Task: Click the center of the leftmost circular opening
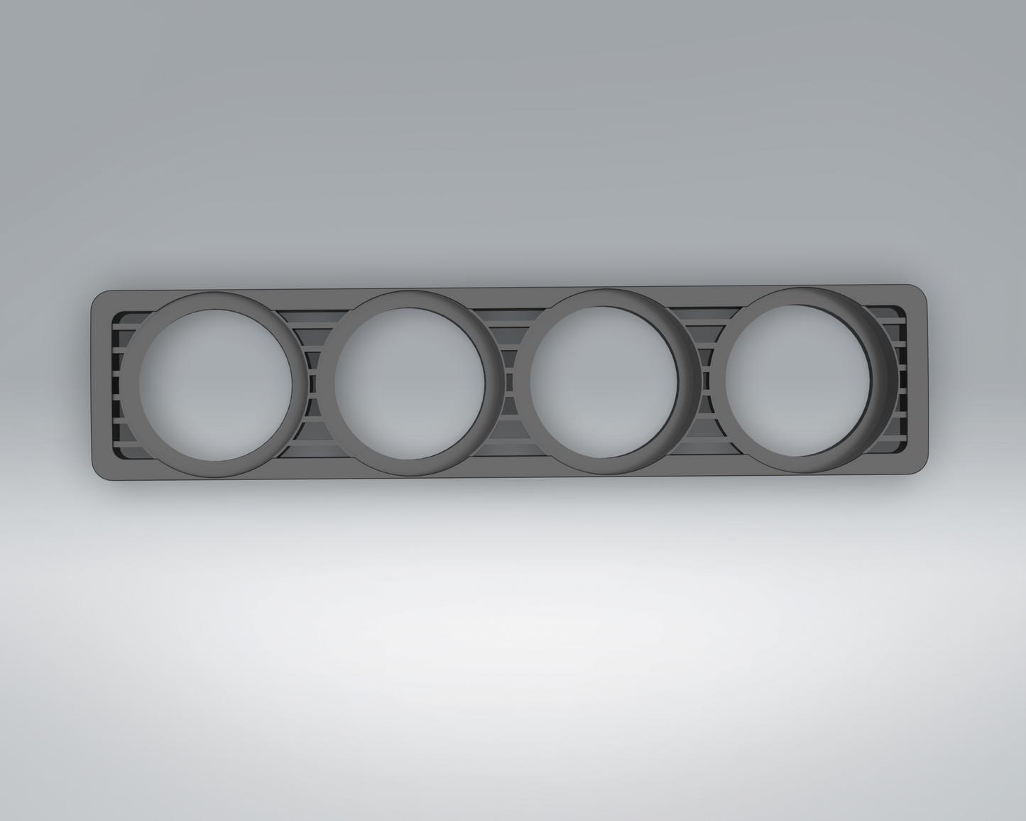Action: pos(216,384)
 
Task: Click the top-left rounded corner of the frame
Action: pos(99,298)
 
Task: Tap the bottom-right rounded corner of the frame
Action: pos(921,462)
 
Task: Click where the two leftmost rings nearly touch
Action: pos(311,384)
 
